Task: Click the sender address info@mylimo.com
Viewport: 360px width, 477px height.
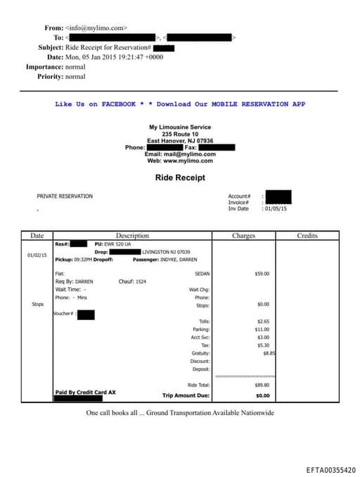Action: click(x=96, y=28)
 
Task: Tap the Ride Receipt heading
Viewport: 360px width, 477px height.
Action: click(x=180, y=178)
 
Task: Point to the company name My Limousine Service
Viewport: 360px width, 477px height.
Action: click(x=180, y=127)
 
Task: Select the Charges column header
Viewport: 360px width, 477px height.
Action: click(x=243, y=236)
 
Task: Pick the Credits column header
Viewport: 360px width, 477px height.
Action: click(x=307, y=236)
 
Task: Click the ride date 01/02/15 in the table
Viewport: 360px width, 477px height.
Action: click(x=37, y=255)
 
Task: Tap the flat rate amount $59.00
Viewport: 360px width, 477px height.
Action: click(x=262, y=274)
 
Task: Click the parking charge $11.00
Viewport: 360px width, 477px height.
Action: click(x=262, y=329)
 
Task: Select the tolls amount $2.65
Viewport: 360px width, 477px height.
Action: click(x=262, y=322)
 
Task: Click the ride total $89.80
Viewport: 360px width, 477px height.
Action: click(x=262, y=385)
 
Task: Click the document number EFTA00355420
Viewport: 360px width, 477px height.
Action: click(x=330, y=469)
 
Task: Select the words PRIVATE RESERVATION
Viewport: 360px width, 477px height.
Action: click(x=65, y=196)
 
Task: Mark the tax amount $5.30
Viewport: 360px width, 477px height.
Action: click(x=262, y=345)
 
